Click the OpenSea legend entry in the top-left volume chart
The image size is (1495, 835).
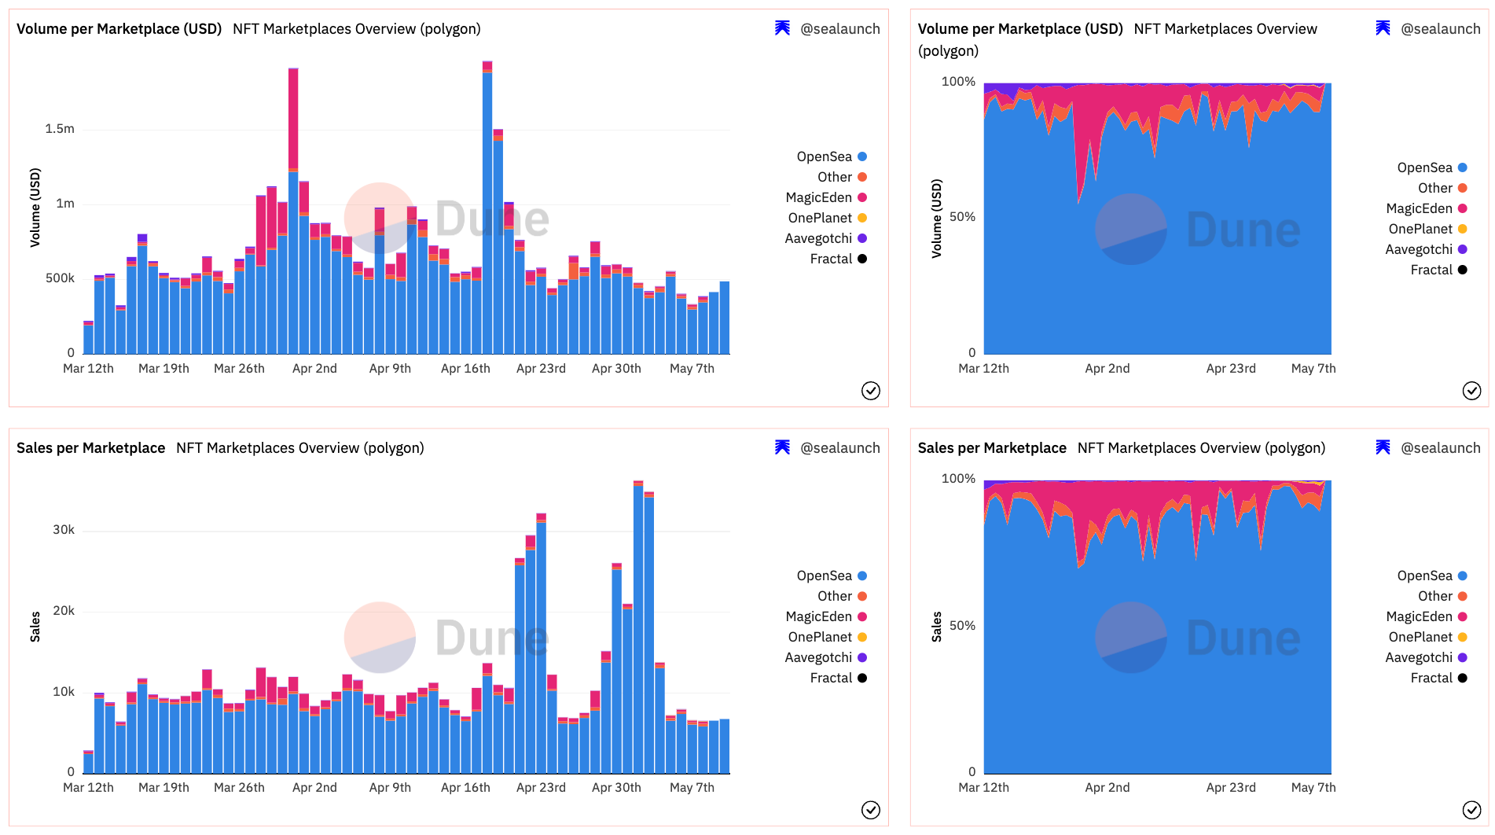click(x=825, y=156)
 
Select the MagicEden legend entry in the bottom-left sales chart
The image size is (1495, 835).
click(x=819, y=616)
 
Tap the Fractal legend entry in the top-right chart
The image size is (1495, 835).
click(x=1431, y=270)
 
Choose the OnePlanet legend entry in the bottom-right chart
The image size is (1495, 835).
click(x=1420, y=637)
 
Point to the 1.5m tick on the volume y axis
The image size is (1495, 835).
click(x=60, y=128)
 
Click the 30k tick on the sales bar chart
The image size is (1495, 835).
click(x=64, y=529)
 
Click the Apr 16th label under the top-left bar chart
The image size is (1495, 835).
click(x=465, y=368)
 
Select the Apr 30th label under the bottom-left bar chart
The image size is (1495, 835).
click(x=616, y=787)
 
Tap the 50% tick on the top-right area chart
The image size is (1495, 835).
click(x=962, y=216)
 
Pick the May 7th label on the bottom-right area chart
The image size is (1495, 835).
click(x=1313, y=787)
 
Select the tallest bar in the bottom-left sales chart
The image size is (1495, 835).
click(x=638, y=629)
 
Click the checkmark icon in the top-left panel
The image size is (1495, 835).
click(x=871, y=391)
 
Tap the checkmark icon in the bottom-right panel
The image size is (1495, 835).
click(x=1471, y=810)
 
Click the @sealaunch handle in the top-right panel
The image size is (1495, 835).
click(x=1440, y=29)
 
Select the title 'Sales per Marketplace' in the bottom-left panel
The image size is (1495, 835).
click(x=90, y=448)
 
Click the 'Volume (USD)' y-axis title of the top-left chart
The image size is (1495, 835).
click(x=35, y=208)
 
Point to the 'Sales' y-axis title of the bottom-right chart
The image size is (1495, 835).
click(x=936, y=627)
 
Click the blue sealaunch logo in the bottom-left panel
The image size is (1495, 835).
click(x=782, y=447)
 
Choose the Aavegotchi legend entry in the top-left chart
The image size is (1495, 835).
click(x=818, y=238)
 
